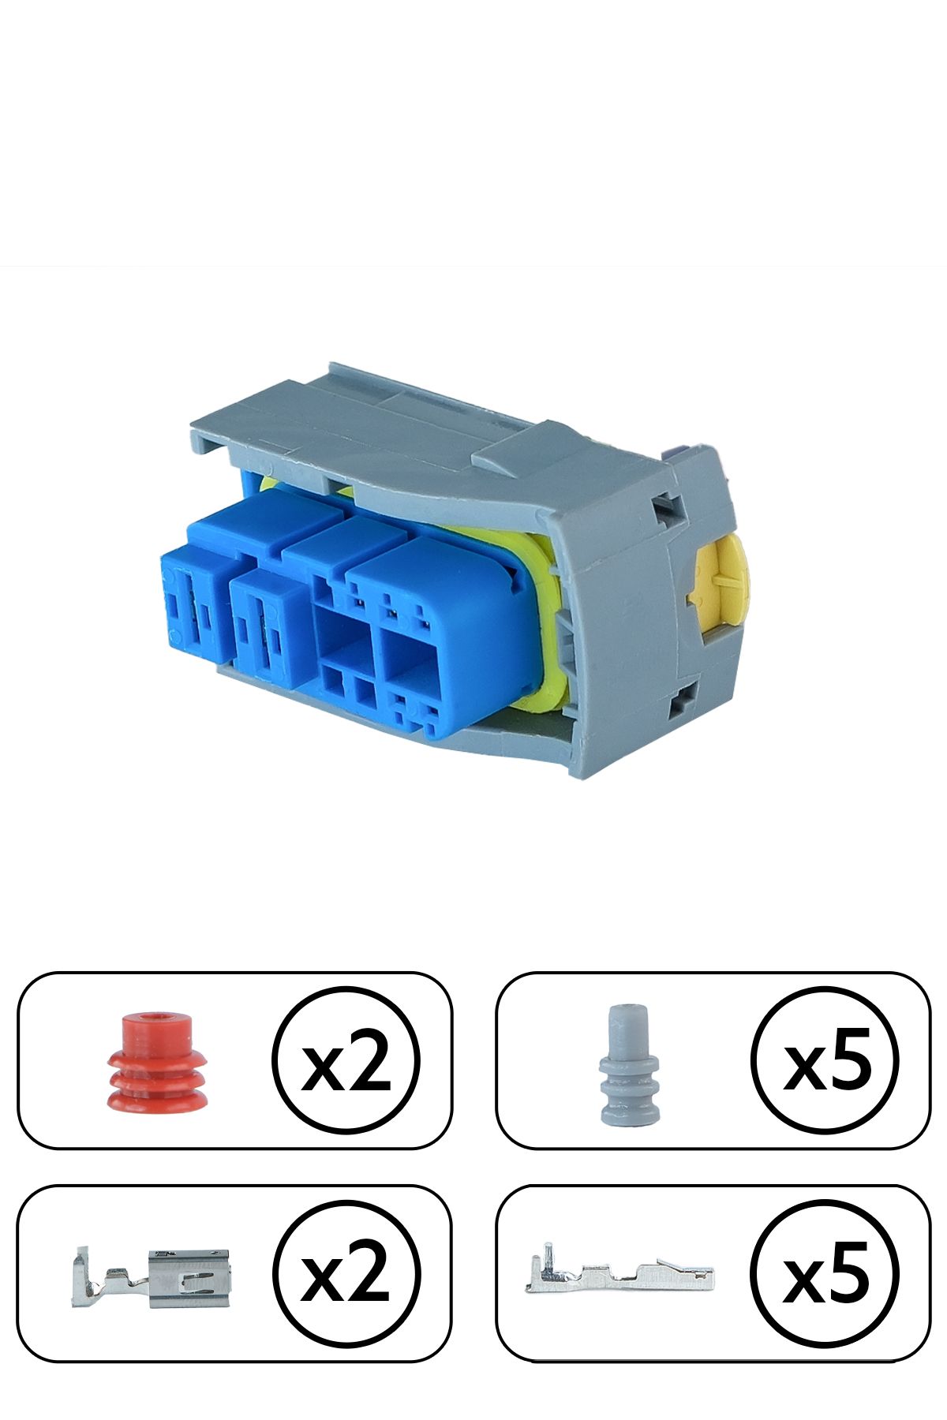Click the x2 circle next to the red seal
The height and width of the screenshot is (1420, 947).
pyautogui.click(x=346, y=1060)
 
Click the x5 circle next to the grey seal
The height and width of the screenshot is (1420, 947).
pyautogui.click(x=825, y=1060)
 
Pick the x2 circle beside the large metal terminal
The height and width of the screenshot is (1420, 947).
pyautogui.click(x=346, y=1274)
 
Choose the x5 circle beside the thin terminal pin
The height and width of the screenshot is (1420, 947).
pyautogui.click(x=825, y=1274)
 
